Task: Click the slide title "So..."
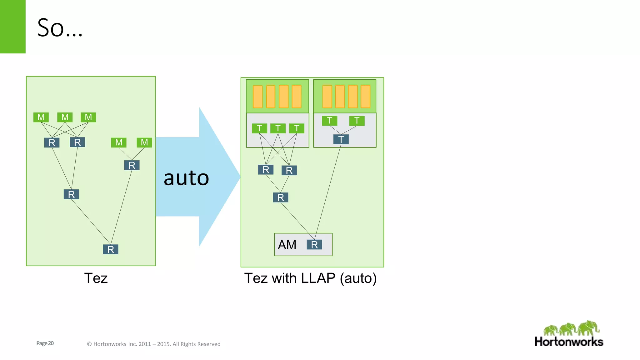(x=60, y=28)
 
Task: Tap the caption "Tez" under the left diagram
(x=96, y=278)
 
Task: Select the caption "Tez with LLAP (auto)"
(x=310, y=278)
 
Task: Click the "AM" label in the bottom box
(x=287, y=245)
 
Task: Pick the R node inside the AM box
(x=314, y=245)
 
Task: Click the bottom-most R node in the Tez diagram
(x=111, y=249)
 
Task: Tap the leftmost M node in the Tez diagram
(x=41, y=117)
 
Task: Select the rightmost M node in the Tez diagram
(x=144, y=142)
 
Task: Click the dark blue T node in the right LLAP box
(x=341, y=139)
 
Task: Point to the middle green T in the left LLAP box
(x=278, y=128)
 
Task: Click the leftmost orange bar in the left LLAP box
(x=258, y=97)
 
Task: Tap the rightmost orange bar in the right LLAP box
(x=365, y=96)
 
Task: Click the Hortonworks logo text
(x=569, y=342)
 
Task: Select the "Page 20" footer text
(x=45, y=343)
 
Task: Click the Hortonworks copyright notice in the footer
(x=153, y=344)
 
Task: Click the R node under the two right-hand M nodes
(x=132, y=165)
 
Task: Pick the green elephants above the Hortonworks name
(x=571, y=328)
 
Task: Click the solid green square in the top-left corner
(x=12, y=27)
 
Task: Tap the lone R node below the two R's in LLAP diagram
(x=281, y=197)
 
